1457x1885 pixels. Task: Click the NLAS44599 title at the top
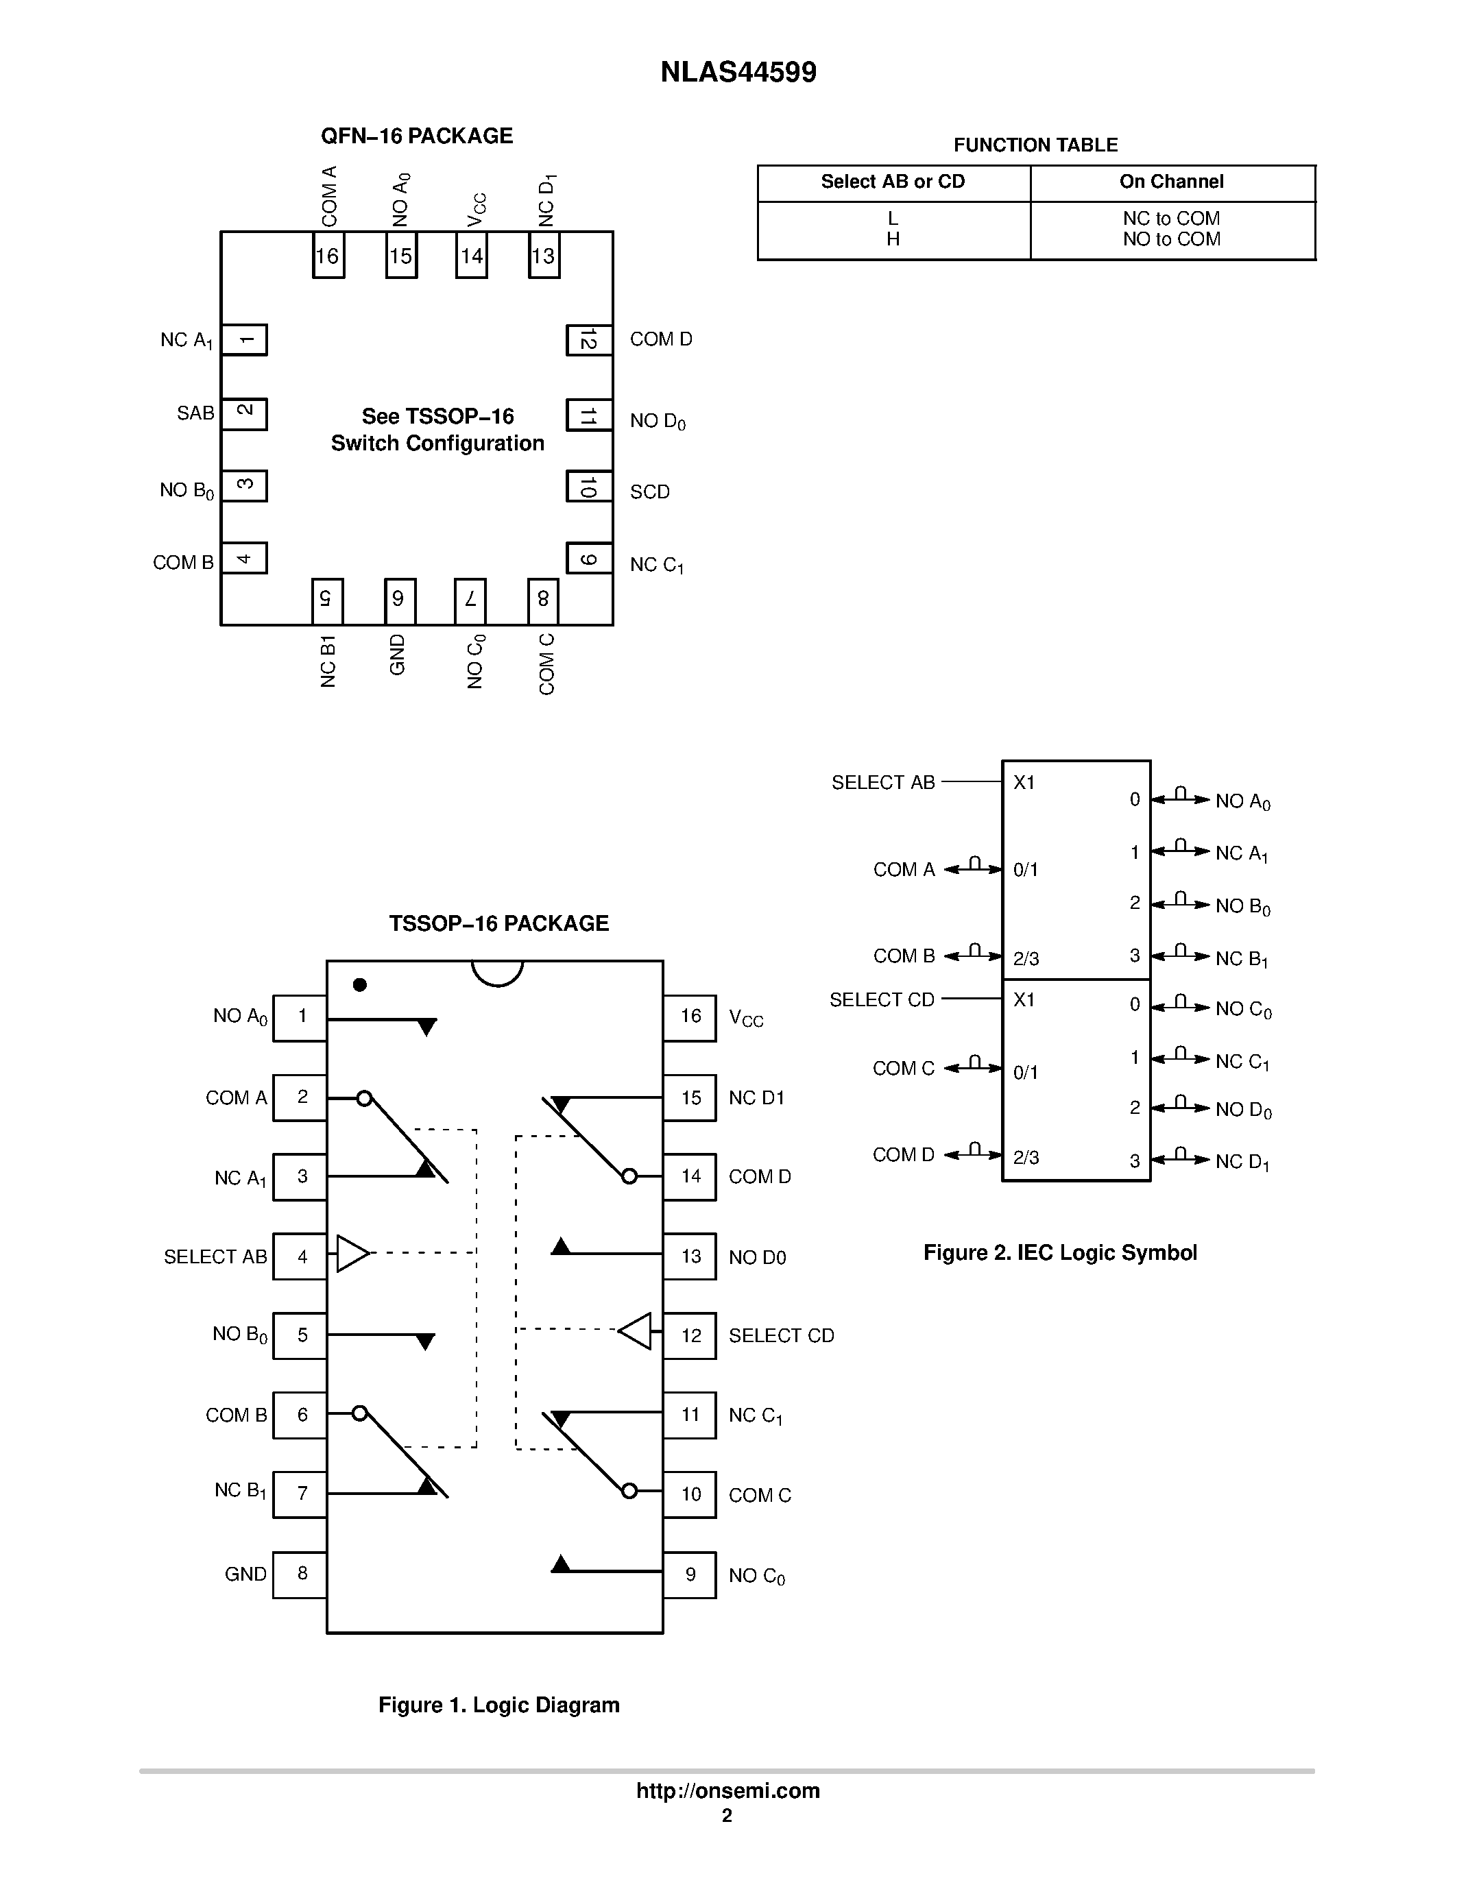click(x=738, y=72)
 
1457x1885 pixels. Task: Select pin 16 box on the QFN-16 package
click(x=328, y=256)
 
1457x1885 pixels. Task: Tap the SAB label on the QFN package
click(x=195, y=413)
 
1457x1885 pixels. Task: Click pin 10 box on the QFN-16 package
click(x=589, y=487)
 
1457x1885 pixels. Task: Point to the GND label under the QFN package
click(x=397, y=654)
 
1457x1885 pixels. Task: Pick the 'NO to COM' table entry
click(x=1171, y=239)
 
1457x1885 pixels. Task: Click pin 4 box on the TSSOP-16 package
click(x=300, y=1256)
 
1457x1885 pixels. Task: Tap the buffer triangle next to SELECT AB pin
click(x=350, y=1253)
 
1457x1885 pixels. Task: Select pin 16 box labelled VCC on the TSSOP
click(x=690, y=1017)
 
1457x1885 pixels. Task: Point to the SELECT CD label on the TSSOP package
click(x=781, y=1336)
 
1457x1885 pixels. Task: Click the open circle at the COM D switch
click(x=629, y=1176)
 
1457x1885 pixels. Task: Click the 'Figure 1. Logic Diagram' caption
click(x=499, y=1705)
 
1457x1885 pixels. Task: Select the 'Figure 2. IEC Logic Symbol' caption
click(x=1060, y=1252)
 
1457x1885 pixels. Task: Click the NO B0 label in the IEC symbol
click(x=1242, y=906)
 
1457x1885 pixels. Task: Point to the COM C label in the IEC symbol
click(x=903, y=1069)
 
